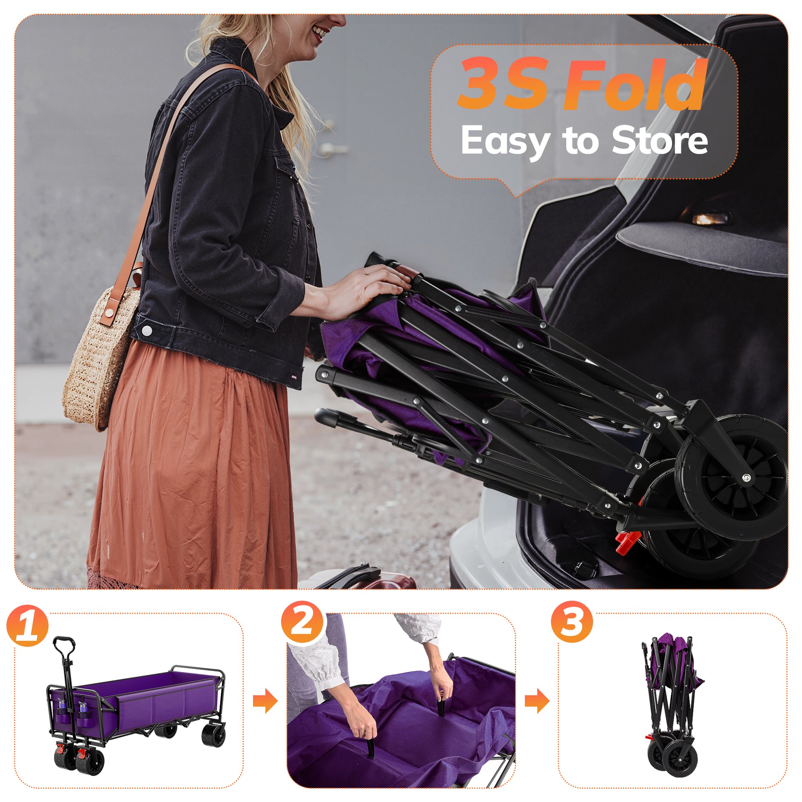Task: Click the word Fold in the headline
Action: click(x=633, y=84)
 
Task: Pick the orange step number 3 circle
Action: click(x=572, y=622)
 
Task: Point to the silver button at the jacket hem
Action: click(x=147, y=331)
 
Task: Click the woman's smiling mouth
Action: click(x=320, y=33)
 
